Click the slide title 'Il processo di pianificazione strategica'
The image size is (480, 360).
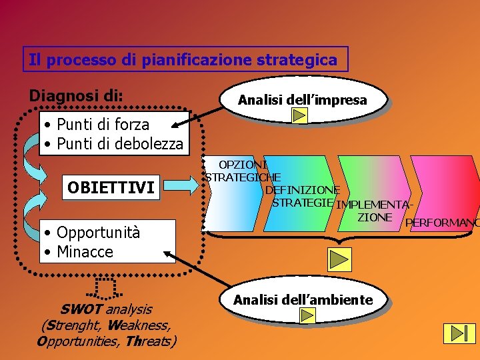click(183, 59)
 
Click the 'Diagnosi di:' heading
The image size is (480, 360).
click(76, 95)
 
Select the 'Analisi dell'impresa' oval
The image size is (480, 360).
click(303, 100)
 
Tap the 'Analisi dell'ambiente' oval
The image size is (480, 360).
click(303, 300)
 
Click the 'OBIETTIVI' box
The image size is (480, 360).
click(111, 188)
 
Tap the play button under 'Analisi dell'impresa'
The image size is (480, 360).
click(299, 116)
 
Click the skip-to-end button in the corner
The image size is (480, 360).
click(459, 333)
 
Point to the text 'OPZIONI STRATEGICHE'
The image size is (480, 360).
click(243, 171)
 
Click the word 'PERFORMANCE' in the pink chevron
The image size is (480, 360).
click(441, 222)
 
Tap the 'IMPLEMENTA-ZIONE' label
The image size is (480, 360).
click(373, 211)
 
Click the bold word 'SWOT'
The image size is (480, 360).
click(81, 309)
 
